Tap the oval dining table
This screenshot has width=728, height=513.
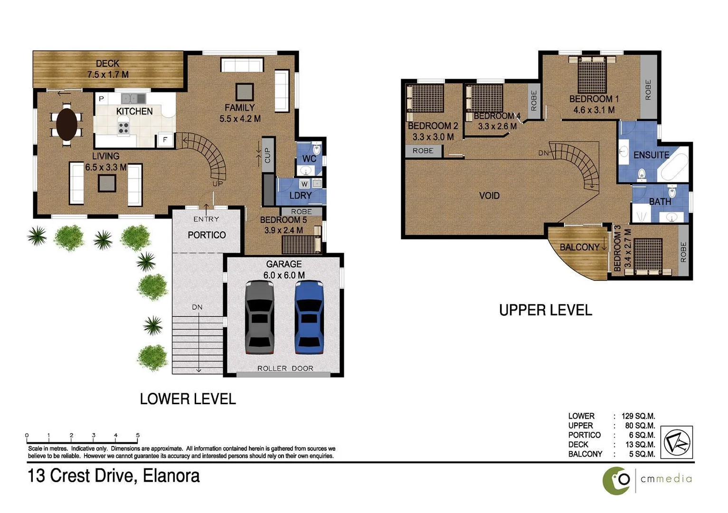pyautogui.click(x=66, y=124)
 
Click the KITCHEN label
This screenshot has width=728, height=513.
pyautogui.click(x=134, y=112)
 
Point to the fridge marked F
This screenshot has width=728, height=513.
pyautogui.click(x=165, y=140)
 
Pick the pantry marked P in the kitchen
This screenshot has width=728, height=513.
pyautogui.click(x=102, y=98)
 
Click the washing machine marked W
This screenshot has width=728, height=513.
pyautogui.click(x=304, y=184)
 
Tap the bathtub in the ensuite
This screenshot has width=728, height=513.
pyautogui.click(x=673, y=164)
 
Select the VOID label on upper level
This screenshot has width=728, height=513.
pyautogui.click(x=489, y=196)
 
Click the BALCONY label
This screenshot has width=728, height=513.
pyautogui.click(x=579, y=247)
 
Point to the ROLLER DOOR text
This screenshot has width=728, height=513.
pyautogui.click(x=285, y=368)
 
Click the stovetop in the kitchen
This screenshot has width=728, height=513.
pyautogui.click(x=123, y=128)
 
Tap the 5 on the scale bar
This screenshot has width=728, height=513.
pyautogui.click(x=138, y=435)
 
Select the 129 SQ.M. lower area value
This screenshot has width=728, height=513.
pyautogui.click(x=638, y=416)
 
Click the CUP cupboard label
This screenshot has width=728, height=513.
pyautogui.click(x=268, y=155)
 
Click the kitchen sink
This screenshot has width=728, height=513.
pyautogui.click(x=133, y=98)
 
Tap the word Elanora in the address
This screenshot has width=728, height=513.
pyautogui.click(x=171, y=476)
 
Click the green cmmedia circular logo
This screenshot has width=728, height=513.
pyautogui.click(x=616, y=481)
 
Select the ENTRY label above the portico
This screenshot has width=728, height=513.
pyautogui.click(x=206, y=219)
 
